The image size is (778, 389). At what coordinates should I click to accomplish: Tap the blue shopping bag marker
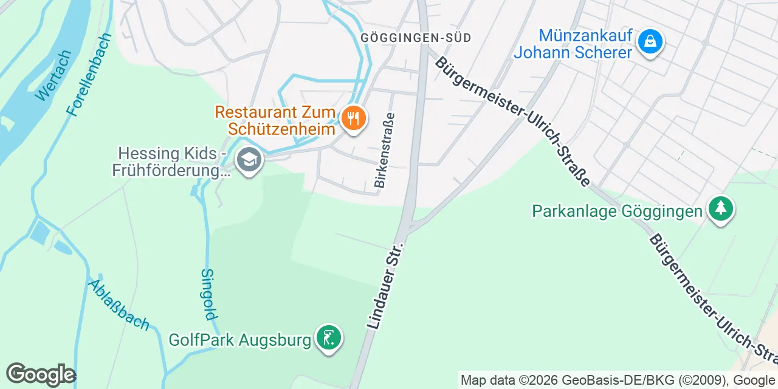coord(650,41)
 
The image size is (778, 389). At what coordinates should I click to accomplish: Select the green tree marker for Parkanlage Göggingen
coord(720,209)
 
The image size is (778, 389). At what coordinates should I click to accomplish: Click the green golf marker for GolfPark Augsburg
coord(329,337)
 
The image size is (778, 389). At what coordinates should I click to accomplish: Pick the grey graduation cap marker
coord(249,161)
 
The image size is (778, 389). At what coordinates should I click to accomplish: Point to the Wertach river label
coord(53,75)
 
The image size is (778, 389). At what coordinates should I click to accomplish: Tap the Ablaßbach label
coord(119,305)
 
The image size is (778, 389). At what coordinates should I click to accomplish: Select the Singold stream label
coord(208,294)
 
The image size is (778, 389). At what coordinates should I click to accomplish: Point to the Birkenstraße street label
coord(385,150)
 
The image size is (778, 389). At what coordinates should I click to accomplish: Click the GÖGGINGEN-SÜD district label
coord(416,38)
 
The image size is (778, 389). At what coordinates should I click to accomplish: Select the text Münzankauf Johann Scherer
coord(573,44)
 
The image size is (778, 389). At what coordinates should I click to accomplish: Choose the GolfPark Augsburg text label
coord(239,339)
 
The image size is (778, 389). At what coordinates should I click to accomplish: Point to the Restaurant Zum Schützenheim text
coord(275,120)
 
